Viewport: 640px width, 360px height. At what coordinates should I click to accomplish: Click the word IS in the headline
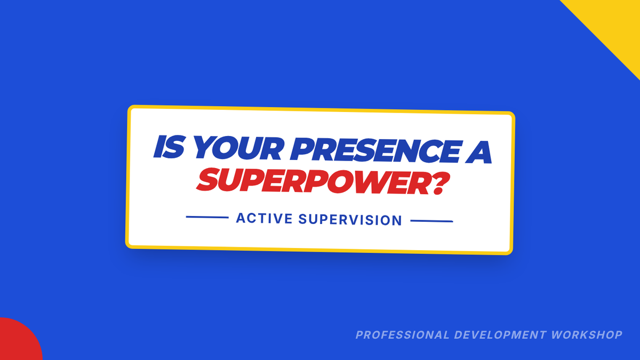pos(169,147)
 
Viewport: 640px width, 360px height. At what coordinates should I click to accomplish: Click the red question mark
pos(440,183)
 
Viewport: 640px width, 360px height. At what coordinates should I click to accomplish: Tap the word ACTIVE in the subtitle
pos(265,218)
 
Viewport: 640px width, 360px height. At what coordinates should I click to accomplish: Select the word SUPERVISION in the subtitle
pos(350,220)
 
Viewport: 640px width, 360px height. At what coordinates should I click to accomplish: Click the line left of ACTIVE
pos(207,217)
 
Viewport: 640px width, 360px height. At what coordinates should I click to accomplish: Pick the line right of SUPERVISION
pos(431,221)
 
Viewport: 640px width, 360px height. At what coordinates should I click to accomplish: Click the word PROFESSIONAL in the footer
pos(403,335)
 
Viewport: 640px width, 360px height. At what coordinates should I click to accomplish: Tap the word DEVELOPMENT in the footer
pos(500,335)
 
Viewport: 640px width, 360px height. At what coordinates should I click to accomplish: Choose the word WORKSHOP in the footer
pos(587,335)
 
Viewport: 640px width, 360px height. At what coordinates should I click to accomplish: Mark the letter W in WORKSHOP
pos(558,335)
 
